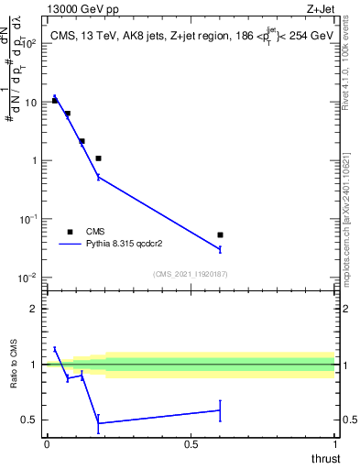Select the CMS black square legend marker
(70, 232)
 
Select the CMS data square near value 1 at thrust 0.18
(98, 158)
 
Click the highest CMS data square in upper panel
(55, 101)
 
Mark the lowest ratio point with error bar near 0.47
(98, 423)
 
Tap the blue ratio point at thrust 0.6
(220, 410)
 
